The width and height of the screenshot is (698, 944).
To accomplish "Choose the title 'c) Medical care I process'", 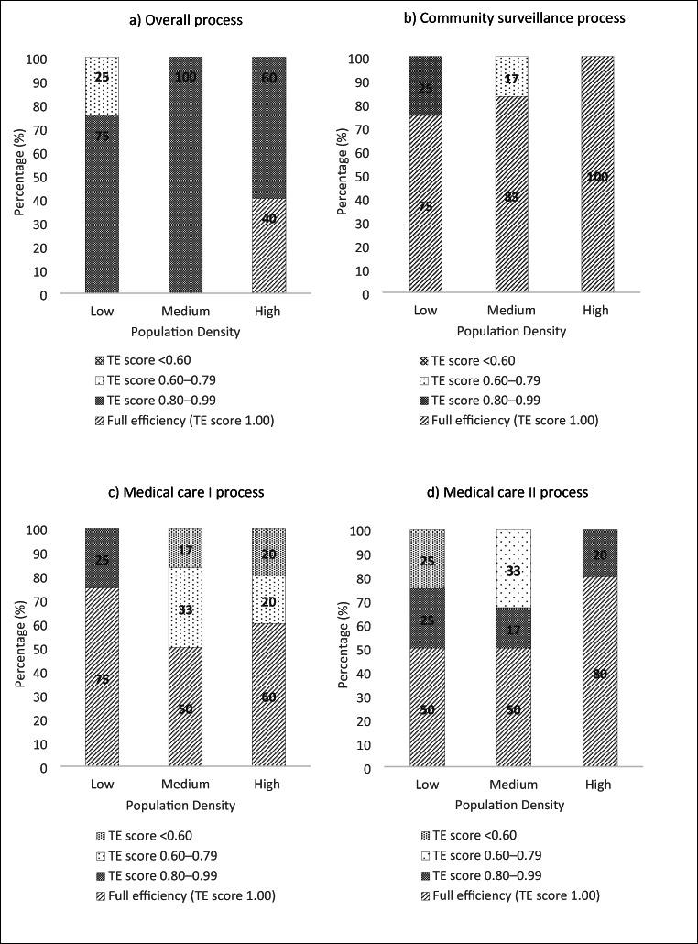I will click(x=187, y=492).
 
